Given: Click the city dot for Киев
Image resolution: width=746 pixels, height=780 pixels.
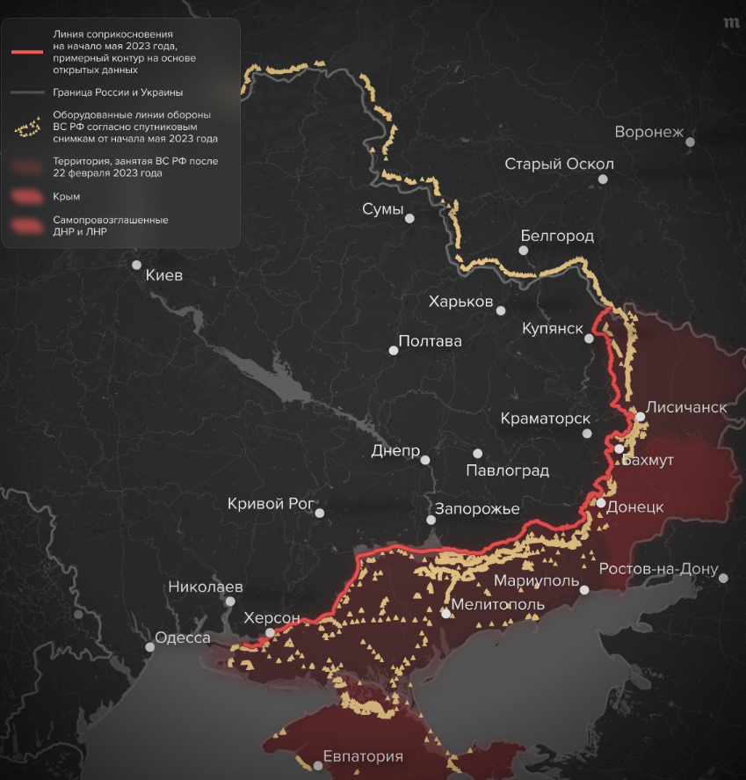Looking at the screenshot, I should [136, 264].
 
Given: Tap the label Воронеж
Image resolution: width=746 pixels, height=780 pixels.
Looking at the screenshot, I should [648, 133].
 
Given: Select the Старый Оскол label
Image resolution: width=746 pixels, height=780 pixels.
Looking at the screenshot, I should [559, 164].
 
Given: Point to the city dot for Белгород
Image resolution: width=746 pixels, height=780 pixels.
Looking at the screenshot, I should [523, 251].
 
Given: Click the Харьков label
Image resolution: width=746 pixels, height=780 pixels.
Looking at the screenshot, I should [460, 302].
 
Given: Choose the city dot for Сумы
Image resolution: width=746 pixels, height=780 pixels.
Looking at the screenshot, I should [409, 218].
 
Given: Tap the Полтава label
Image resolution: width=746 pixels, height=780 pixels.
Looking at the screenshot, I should [430, 341].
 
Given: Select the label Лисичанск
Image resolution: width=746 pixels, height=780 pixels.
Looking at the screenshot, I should [686, 408].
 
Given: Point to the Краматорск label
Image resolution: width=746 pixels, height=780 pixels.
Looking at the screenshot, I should [545, 419].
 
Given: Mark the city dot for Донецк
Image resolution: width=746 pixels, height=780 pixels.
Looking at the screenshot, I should [600, 503].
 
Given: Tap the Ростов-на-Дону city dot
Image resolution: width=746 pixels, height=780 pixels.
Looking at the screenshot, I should [724, 578].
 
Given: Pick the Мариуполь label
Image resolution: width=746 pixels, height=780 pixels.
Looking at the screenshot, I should [536, 581].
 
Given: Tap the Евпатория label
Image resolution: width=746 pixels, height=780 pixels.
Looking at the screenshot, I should [363, 756].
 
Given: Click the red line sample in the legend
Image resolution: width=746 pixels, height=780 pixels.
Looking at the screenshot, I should [26, 52].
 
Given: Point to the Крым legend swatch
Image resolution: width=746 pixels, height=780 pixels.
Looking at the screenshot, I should [26, 196].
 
